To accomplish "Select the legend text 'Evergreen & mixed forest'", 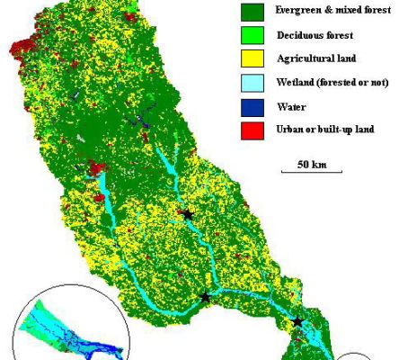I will pyautogui.click(x=315, y=13).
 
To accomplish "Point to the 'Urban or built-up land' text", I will pyautogui.click(x=310, y=129).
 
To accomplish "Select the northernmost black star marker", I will pyautogui.click(x=188, y=214).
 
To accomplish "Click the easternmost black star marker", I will pyautogui.click(x=297, y=321).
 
